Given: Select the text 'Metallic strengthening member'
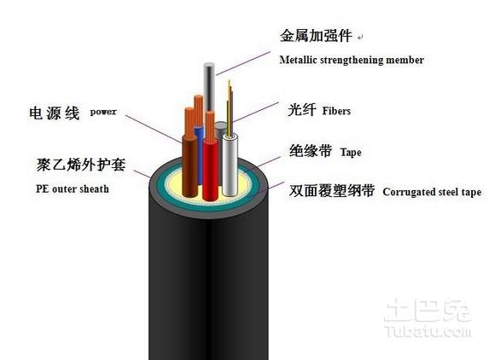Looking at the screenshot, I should click(352, 60).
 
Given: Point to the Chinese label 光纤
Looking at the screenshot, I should click(302, 110).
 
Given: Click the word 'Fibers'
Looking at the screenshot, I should click(336, 111).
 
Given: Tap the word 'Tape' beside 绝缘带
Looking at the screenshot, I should click(351, 153).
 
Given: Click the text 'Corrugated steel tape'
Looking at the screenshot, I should click(432, 192).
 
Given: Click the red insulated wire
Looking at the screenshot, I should click(210, 162).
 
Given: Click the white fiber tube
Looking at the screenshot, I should click(230, 162).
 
